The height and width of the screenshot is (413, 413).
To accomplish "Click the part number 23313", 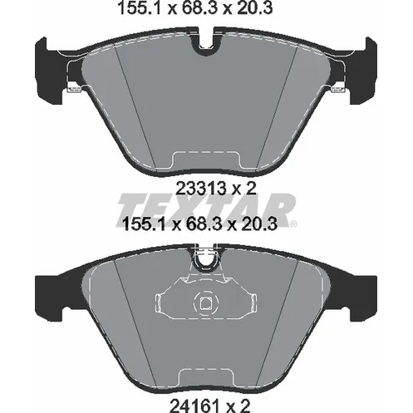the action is coord(201,189).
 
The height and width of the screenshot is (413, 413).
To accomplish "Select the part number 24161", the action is coord(194,406).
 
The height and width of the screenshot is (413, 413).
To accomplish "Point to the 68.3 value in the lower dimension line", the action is coord(204,224).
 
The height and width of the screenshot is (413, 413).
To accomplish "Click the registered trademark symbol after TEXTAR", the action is coord(293,224).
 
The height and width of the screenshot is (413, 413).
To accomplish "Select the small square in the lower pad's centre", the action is coord(205,303).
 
